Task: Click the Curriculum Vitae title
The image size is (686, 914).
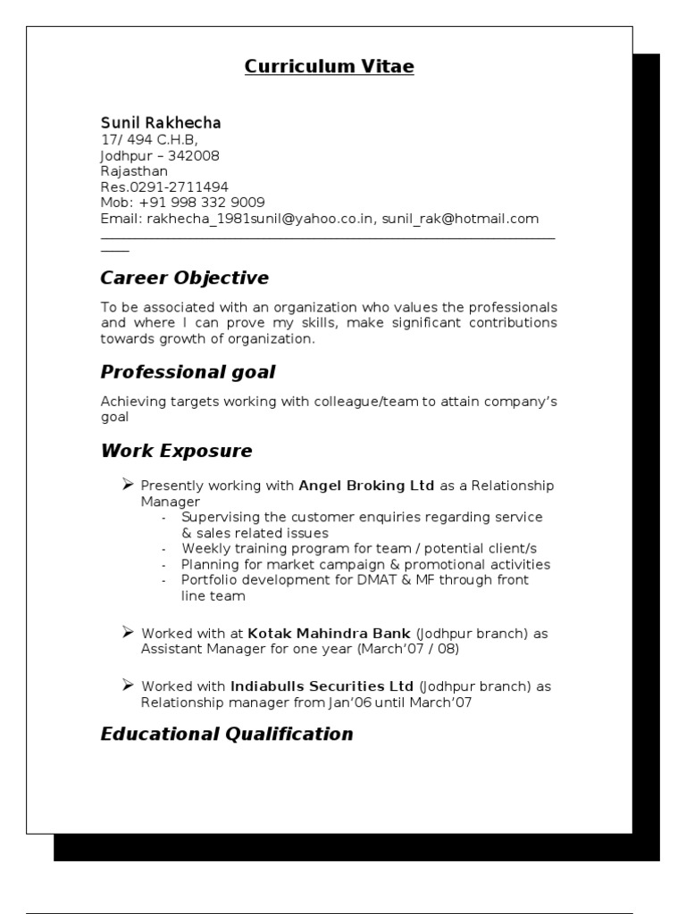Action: (x=330, y=67)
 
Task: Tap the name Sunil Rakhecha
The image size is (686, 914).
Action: (x=161, y=122)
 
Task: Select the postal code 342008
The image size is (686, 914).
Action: (x=194, y=155)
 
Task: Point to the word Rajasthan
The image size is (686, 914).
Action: (x=134, y=171)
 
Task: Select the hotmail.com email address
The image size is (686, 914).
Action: (x=461, y=219)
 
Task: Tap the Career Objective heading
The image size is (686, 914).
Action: (x=185, y=278)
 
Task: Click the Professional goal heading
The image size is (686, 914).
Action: (x=188, y=371)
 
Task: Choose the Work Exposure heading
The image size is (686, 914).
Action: (x=177, y=451)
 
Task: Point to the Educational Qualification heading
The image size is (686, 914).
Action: (x=227, y=734)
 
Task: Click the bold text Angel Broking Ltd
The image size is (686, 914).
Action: (x=366, y=486)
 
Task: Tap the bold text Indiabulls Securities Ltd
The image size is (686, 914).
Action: (x=322, y=686)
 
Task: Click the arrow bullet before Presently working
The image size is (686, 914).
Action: (x=128, y=484)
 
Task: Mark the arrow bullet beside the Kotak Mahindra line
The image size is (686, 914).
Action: (x=128, y=631)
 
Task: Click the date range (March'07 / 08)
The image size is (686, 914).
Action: (x=408, y=649)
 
